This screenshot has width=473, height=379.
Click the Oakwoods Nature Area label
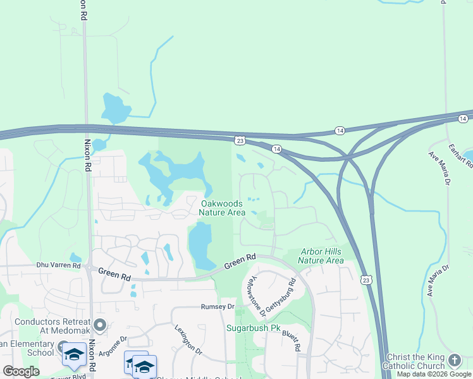coord(223,208)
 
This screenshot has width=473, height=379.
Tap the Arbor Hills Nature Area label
coord(321,256)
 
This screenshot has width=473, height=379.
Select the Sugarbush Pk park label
coord(253,328)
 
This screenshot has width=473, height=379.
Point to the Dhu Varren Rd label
coord(59,265)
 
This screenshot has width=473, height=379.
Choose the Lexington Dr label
coord(188,340)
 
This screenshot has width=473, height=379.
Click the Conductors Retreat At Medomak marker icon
coord(100,326)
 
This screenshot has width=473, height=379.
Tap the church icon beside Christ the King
coord(454,360)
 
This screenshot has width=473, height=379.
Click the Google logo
coord(21,371)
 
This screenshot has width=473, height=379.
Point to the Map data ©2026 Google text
coord(433,374)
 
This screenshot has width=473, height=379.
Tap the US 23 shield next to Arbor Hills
coord(367,279)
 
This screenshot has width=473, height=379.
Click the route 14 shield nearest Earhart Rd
coord(463,118)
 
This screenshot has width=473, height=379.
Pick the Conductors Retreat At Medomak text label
coord(47,326)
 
